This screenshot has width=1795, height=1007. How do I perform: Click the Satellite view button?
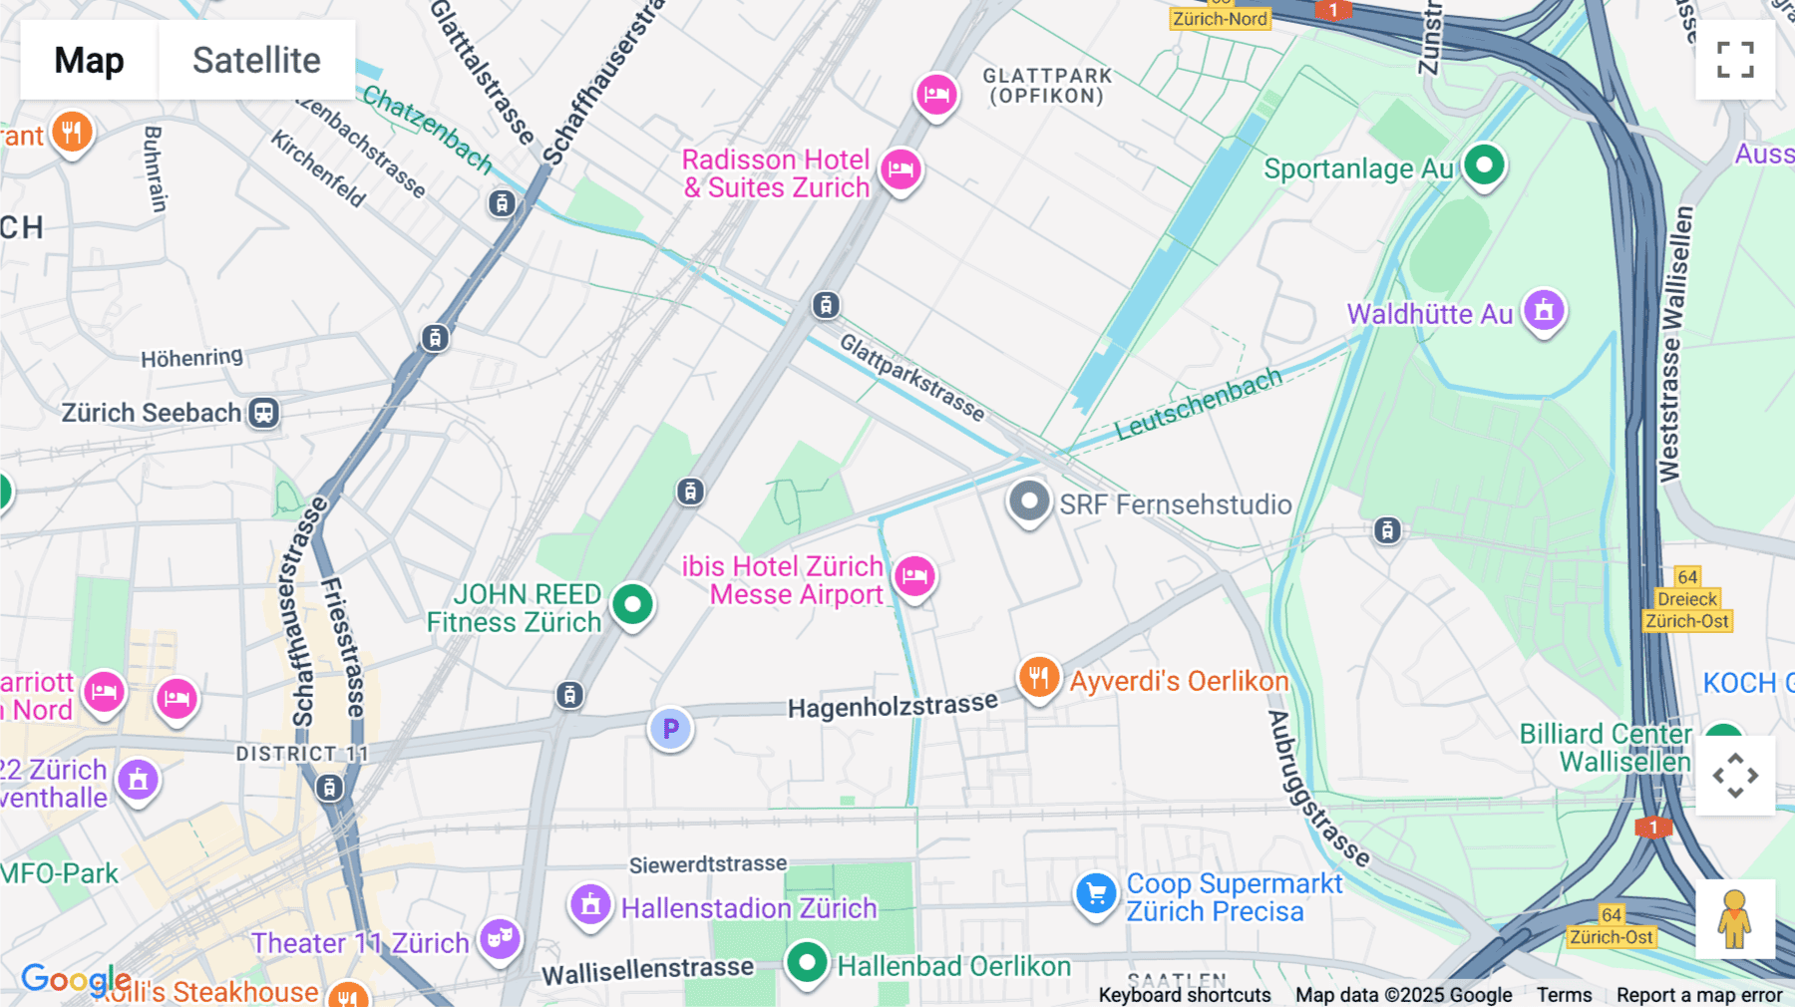click(x=256, y=60)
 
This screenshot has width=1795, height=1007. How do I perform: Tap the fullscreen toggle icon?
click(x=1735, y=60)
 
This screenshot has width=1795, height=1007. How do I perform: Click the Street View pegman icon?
click(x=1735, y=919)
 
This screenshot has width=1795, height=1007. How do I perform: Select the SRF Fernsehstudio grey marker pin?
click(x=1029, y=501)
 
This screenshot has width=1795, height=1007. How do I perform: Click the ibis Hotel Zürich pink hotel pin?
click(x=914, y=576)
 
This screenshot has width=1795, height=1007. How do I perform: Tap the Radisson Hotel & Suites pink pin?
click(x=900, y=169)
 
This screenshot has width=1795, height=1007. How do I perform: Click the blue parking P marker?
click(x=670, y=729)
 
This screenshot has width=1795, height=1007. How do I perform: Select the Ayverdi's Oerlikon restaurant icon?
click(x=1038, y=678)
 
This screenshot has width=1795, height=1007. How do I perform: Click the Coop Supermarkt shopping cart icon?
click(x=1096, y=893)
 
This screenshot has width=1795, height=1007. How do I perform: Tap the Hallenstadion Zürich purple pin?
click(x=590, y=905)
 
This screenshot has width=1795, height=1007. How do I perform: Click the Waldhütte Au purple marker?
click(x=1544, y=311)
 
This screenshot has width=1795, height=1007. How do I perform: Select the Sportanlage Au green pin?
click(x=1484, y=165)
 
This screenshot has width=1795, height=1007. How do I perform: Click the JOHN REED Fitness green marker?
click(x=632, y=604)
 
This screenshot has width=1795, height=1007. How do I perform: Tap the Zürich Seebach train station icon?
click(x=263, y=413)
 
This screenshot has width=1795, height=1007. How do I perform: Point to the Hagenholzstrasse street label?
click(x=892, y=705)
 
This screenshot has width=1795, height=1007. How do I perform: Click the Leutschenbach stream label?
click(x=1198, y=403)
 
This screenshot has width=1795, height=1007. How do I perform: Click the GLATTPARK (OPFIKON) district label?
click(x=1046, y=86)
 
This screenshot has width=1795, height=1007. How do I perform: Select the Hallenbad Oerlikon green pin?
click(x=806, y=963)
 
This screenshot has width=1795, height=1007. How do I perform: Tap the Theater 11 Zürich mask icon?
click(x=499, y=938)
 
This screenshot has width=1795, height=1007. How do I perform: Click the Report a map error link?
click(x=1699, y=994)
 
